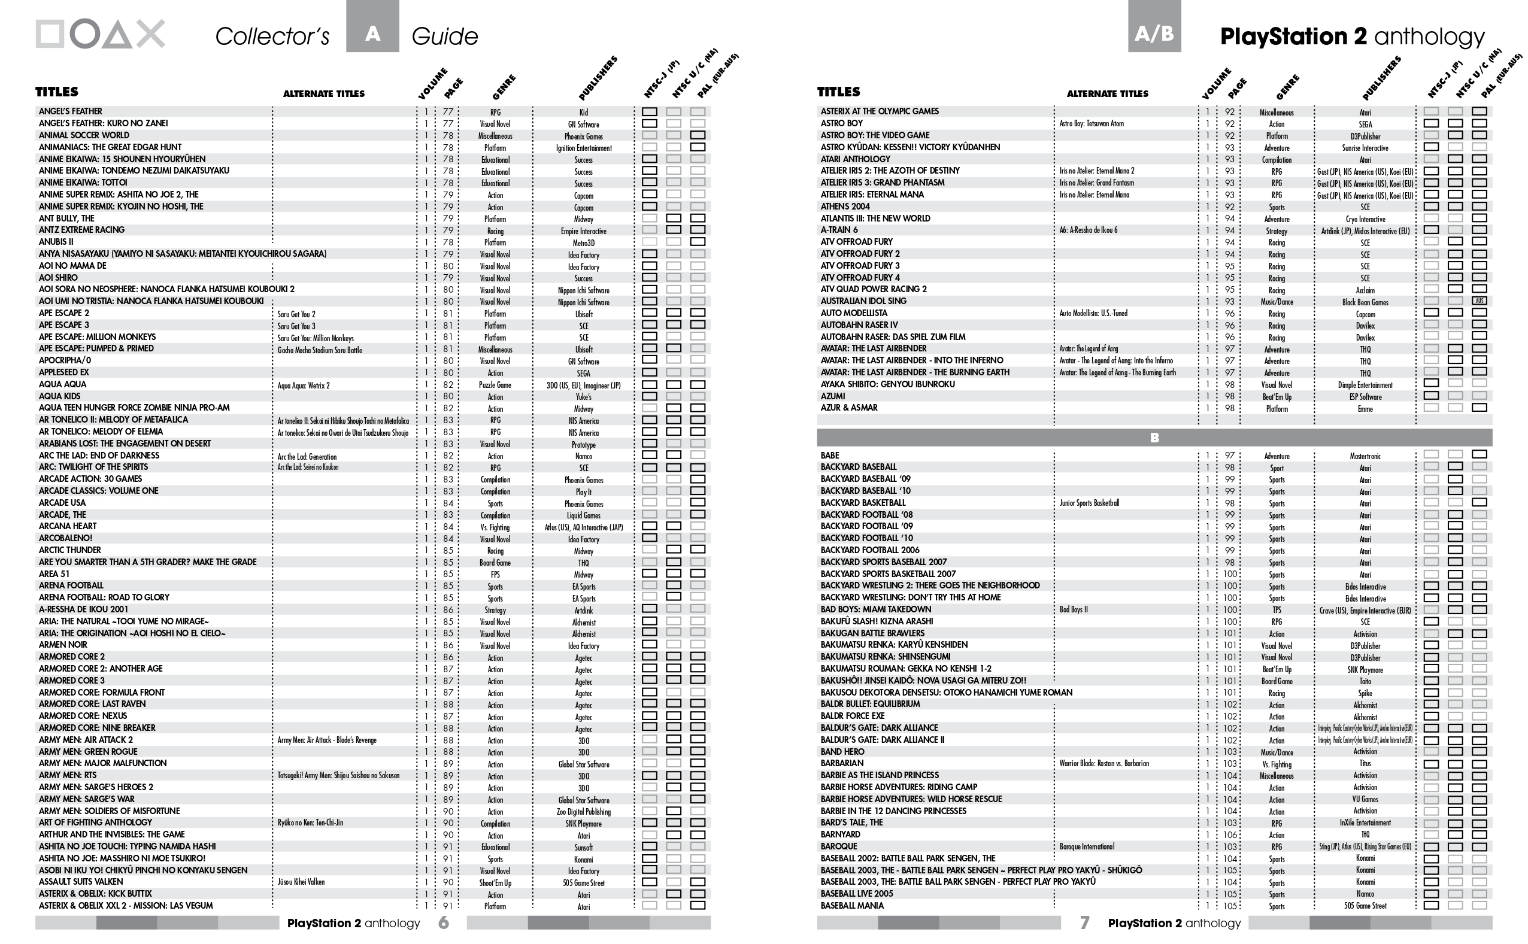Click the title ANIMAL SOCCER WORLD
tap(84, 135)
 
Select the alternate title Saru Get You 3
tap(296, 326)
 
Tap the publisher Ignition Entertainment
tap(583, 148)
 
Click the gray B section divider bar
tap(1154, 438)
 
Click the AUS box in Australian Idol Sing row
tap(1479, 301)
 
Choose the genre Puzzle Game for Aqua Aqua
tap(495, 386)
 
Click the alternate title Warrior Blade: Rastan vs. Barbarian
tap(1103, 764)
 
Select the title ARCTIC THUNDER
tap(70, 550)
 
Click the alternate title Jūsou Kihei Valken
tap(301, 882)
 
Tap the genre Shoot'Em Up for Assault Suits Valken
tap(495, 883)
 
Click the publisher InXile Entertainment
tap(1365, 823)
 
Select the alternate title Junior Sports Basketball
tap(1089, 503)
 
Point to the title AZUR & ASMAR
tap(848, 408)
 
